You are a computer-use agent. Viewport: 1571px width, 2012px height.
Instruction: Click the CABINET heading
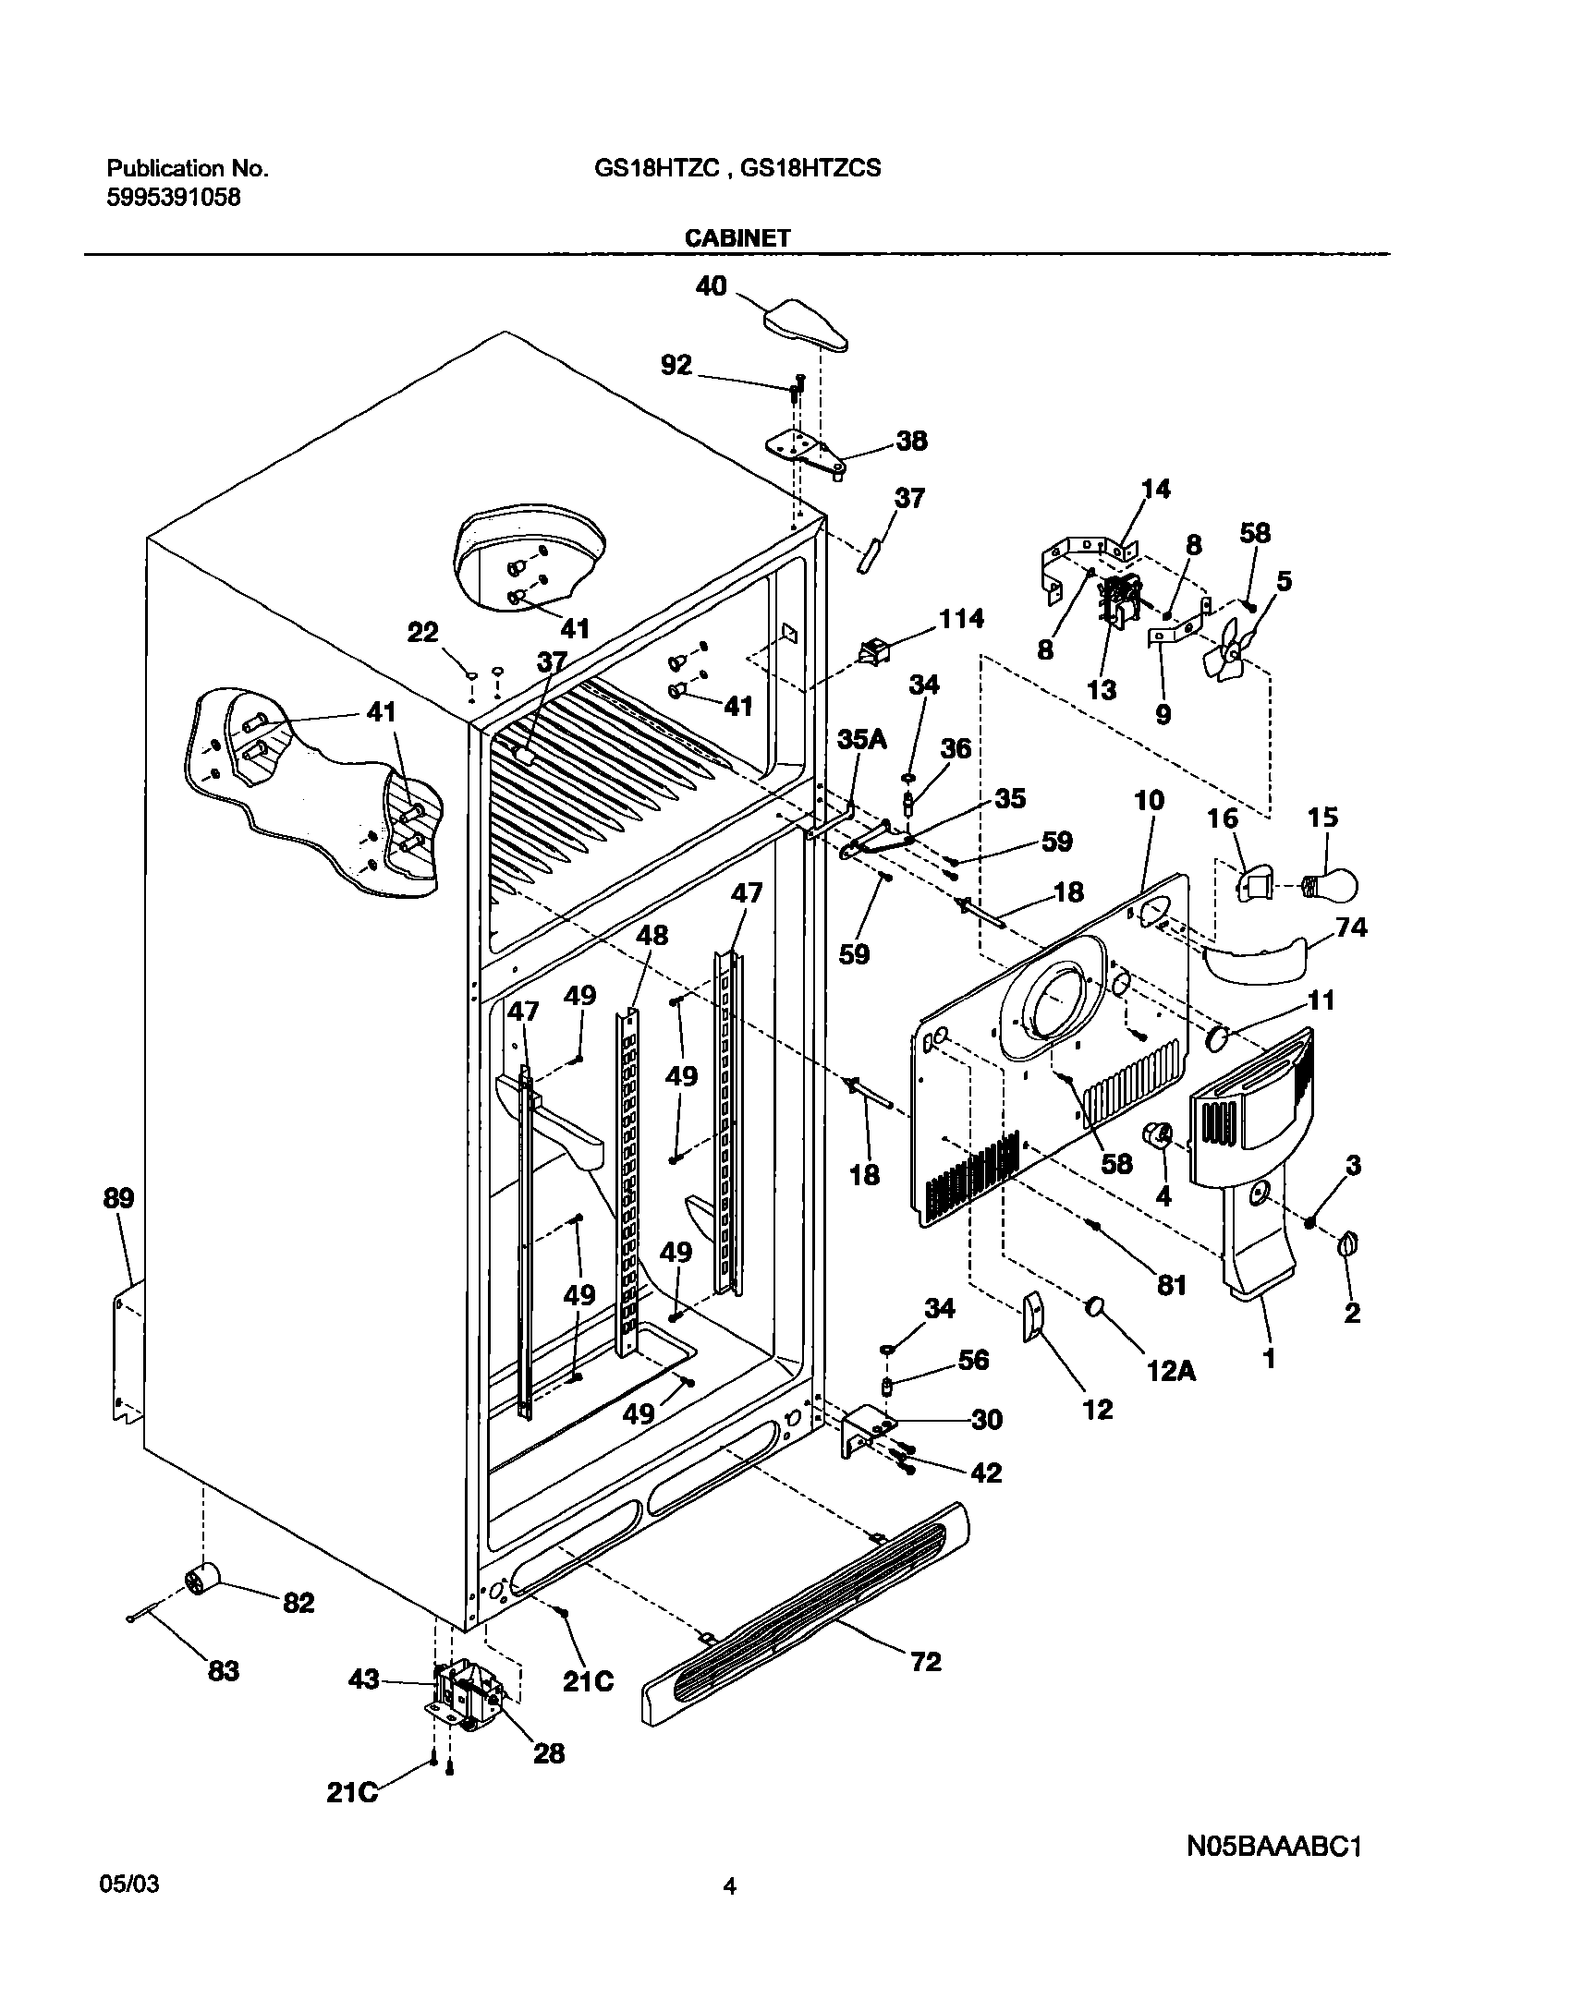(x=737, y=238)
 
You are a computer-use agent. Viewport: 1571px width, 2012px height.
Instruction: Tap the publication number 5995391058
(x=175, y=197)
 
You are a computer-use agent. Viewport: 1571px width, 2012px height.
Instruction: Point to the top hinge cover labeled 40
(x=806, y=325)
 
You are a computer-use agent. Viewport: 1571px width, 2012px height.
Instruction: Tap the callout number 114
(x=961, y=618)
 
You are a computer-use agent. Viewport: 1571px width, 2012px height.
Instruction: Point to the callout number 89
(x=118, y=1198)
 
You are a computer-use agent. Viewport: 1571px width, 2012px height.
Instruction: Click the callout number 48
(x=652, y=935)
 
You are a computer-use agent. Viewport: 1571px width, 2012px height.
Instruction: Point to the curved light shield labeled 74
(x=1257, y=961)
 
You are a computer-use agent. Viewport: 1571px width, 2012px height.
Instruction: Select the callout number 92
(x=676, y=366)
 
